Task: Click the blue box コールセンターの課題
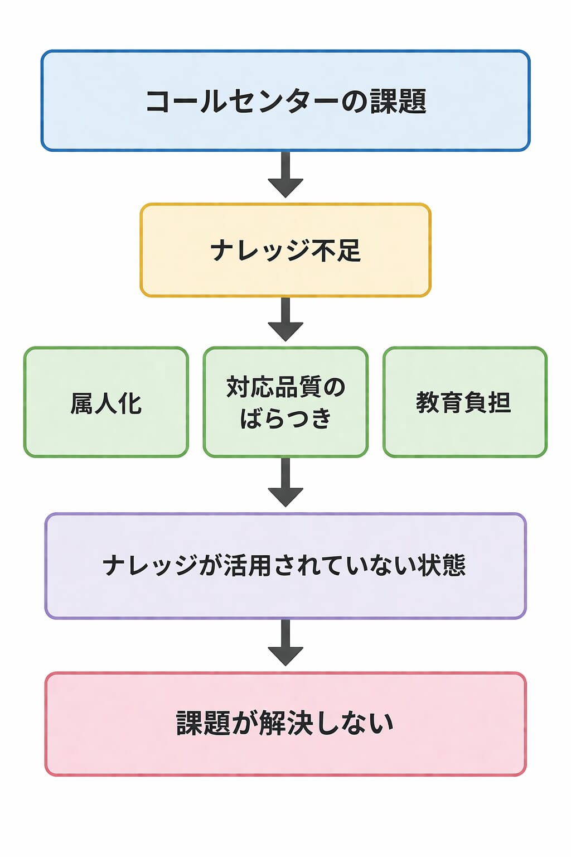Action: [x=285, y=100]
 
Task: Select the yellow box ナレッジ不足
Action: [x=285, y=250]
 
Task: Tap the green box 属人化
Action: [x=106, y=402]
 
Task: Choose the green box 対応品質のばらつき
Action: [x=285, y=402]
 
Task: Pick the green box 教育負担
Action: [x=464, y=402]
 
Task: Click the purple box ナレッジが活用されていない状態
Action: [x=285, y=566]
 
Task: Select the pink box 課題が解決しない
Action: [x=285, y=724]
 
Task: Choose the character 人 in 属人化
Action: [x=106, y=403]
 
